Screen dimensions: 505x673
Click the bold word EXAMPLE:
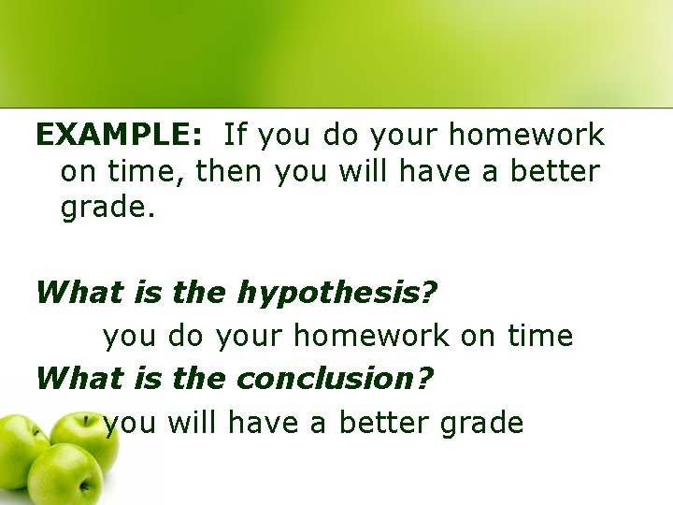click(118, 137)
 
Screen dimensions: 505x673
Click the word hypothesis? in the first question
click(336, 294)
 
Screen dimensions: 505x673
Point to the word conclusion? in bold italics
click(336, 379)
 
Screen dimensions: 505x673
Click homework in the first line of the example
click(526, 137)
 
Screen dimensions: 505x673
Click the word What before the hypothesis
click(79, 293)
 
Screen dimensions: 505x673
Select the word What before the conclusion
click(79, 379)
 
